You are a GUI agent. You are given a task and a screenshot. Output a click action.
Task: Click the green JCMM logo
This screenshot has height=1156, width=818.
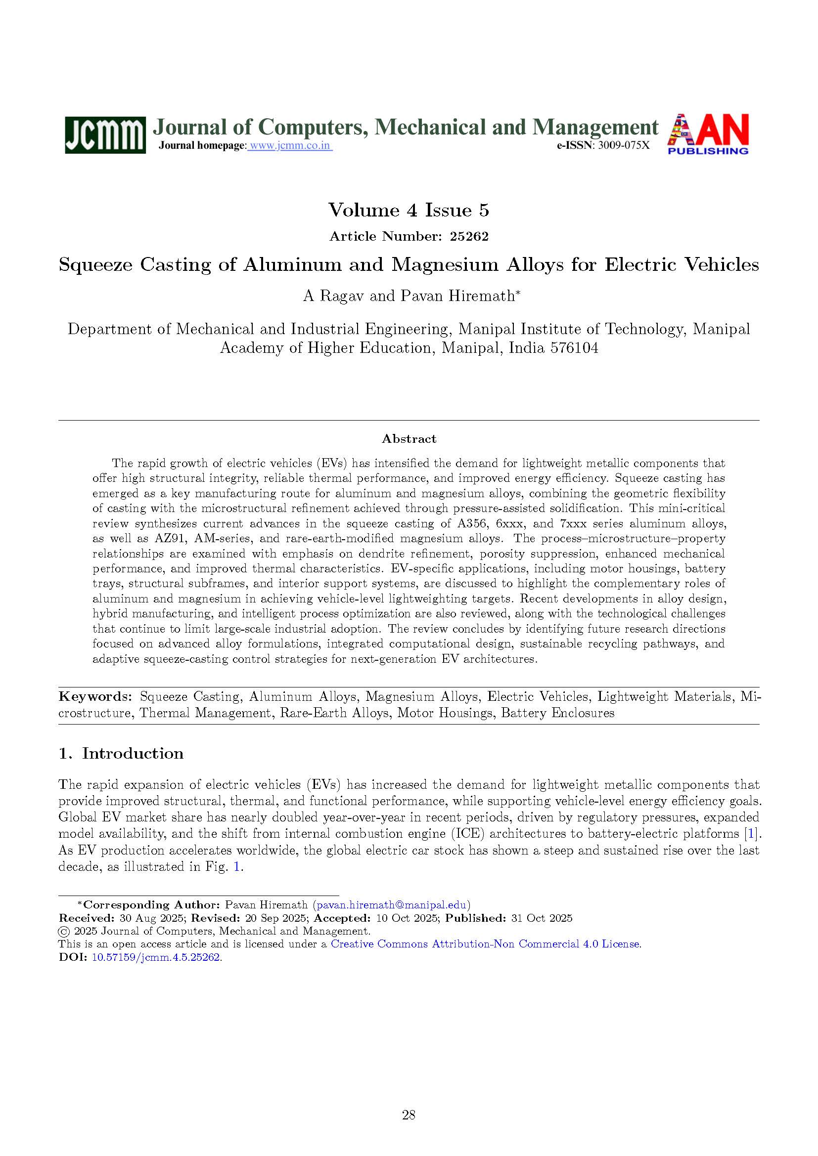(x=105, y=135)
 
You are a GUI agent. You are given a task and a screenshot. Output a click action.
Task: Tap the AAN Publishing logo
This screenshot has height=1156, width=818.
(x=708, y=134)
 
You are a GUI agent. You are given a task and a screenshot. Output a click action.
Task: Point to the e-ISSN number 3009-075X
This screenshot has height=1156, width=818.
(x=624, y=146)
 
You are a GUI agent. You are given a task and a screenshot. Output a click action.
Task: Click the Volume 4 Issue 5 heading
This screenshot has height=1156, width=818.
(x=409, y=210)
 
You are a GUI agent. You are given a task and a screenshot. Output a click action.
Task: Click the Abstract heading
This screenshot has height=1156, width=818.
(x=409, y=439)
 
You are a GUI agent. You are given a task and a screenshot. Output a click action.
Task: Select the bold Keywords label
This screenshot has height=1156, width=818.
(x=94, y=697)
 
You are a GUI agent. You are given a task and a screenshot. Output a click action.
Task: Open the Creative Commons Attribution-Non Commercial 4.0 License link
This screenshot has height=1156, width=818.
(x=486, y=944)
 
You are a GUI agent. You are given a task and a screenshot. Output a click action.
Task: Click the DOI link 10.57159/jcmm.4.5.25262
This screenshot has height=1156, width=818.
(x=156, y=957)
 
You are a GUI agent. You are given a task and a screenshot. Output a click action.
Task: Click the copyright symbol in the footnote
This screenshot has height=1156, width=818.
(x=64, y=931)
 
